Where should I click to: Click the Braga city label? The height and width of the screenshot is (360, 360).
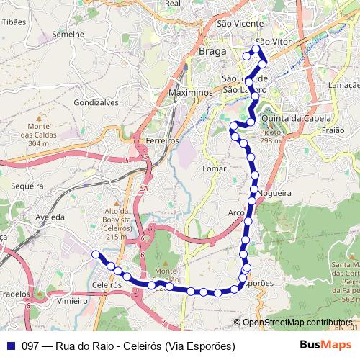(212, 53)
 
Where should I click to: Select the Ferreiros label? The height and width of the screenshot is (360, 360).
(161, 140)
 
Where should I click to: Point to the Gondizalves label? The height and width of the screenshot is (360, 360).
(96, 103)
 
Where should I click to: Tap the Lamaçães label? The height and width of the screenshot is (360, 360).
(343, 85)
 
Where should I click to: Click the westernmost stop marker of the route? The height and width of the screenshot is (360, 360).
(95, 253)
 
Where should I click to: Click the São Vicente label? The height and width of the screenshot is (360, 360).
(240, 24)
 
